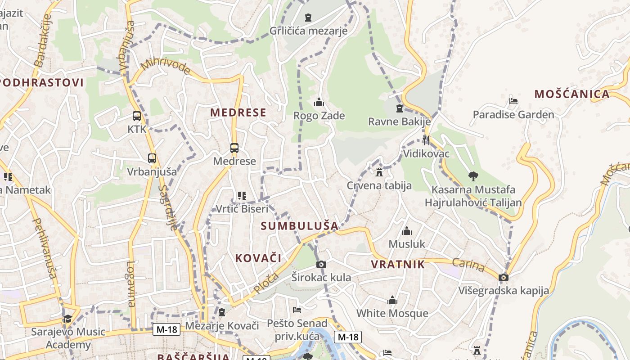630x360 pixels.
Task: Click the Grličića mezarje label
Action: click(x=308, y=31)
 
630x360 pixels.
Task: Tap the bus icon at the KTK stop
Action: click(x=137, y=116)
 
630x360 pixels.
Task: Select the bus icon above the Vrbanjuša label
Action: click(x=152, y=158)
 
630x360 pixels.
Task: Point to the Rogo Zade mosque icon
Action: click(x=319, y=103)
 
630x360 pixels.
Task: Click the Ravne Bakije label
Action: click(x=399, y=121)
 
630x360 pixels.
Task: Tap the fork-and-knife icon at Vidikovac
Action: click(x=426, y=140)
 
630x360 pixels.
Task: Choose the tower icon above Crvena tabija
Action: click(x=379, y=172)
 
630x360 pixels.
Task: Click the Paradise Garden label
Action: click(x=513, y=114)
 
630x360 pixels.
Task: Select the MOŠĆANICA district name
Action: click(x=572, y=94)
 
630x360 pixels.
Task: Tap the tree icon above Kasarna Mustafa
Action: click(x=473, y=176)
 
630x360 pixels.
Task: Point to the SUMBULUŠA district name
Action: click(x=299, y=226)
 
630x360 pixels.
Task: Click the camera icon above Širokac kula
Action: click(x=321, y=264)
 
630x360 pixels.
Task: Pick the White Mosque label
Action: click(x=392, y=313)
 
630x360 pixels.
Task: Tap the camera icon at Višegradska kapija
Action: click(x=504, y=277)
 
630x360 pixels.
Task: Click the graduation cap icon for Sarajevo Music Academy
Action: click(x=67, y=319)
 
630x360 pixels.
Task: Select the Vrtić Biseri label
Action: click(x=242, y=209)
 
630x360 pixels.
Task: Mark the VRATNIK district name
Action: click(x=398, y=264)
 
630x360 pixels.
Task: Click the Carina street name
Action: click(x=468, y=265)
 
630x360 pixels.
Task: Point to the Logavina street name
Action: click(x=131, y=283)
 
